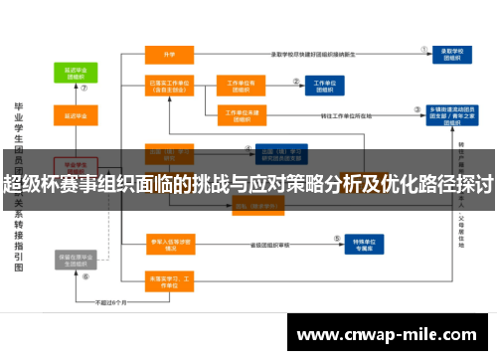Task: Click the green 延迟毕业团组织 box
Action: click(x=74, y=73)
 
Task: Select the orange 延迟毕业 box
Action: click(x=74, y=117)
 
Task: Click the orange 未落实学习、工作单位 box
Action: click(x=169, y=280)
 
